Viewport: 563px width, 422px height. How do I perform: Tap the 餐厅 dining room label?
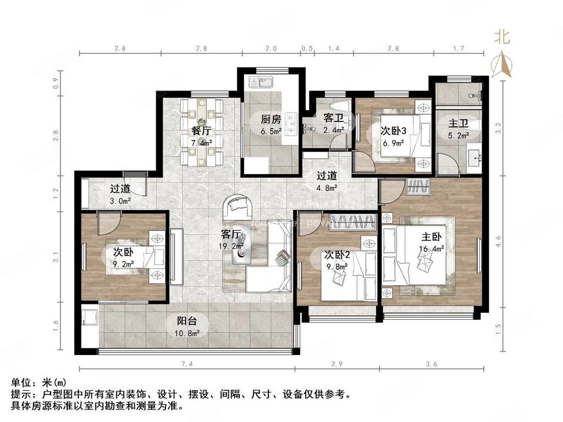tap(201, 131)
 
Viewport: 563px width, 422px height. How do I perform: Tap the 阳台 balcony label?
tap(187, 321)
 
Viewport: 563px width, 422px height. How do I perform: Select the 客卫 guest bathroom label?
tap(333, 118)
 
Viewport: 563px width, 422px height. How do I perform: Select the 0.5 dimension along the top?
tap(307, 48)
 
